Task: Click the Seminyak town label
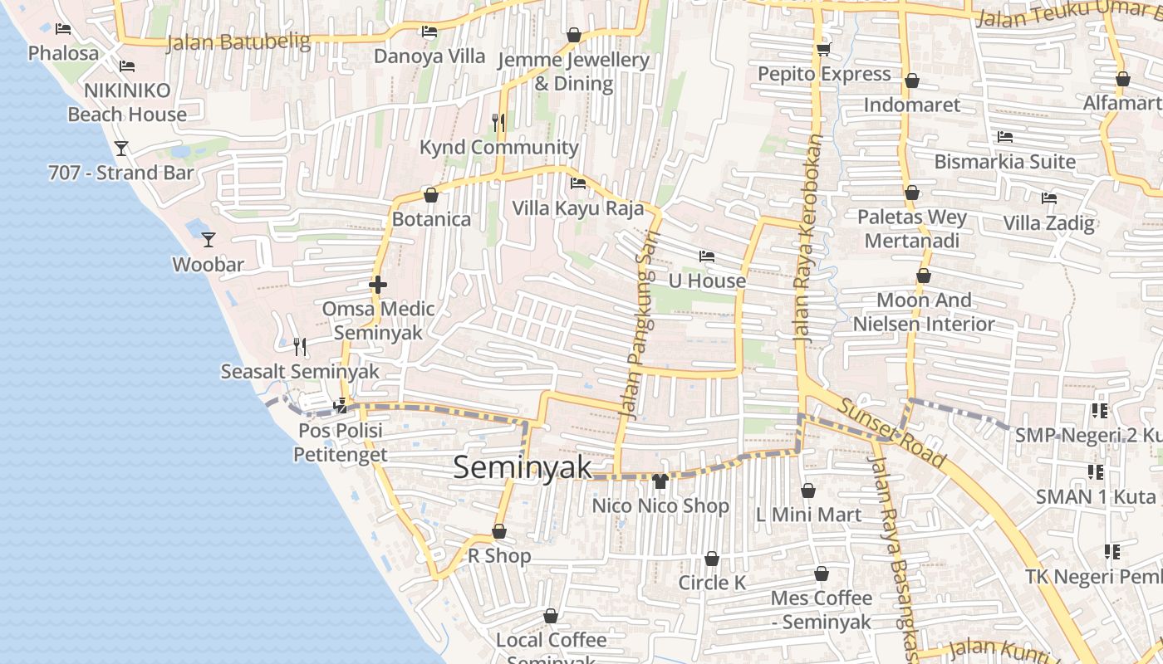(523, 467)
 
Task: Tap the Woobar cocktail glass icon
(209, 240)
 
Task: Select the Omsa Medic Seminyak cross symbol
(378, 285)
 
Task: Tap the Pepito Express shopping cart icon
(823, 50)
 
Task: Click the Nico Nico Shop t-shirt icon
(660, 481)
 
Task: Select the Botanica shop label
(431, 219)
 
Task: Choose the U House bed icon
(707, 256)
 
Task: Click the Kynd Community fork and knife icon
(498, 123)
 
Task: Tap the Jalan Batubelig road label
(238, 41)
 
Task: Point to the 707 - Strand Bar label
(121, 173)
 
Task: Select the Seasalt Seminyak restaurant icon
(300, 347)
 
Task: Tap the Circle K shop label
(712, 583)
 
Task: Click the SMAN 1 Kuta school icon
(1096, 472)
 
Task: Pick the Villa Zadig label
(1048, 222)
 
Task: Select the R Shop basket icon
(499, 531)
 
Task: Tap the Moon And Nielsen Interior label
(924, 312)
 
